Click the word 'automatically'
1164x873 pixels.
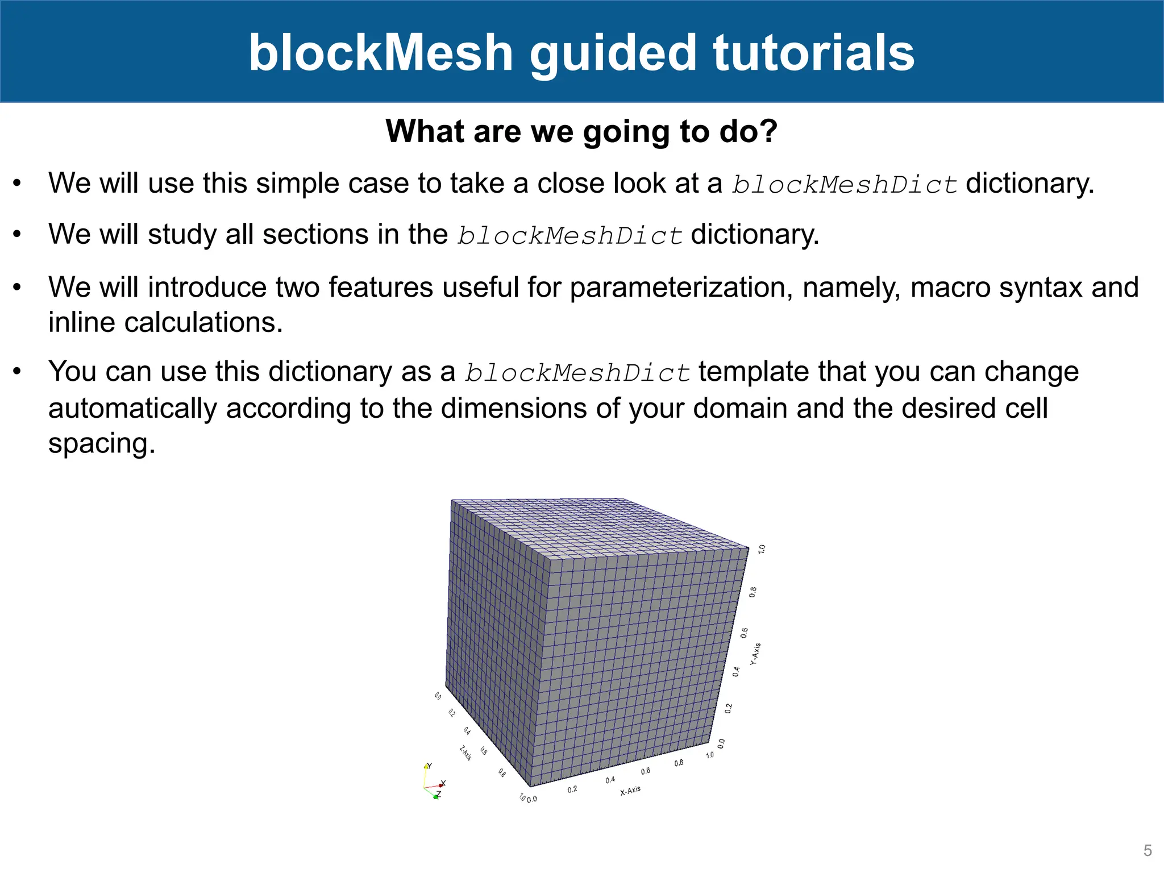132,408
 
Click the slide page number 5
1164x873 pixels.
1148,850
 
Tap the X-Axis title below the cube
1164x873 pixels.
630,791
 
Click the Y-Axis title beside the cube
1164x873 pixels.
755,654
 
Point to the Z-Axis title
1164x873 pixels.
465,753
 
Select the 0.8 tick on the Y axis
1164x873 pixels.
753,592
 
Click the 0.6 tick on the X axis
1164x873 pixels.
646,771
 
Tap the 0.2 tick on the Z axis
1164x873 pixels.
451,713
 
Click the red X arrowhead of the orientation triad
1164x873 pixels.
441,785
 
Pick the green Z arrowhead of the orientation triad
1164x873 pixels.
436,797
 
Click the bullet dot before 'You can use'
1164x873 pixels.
17,372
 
